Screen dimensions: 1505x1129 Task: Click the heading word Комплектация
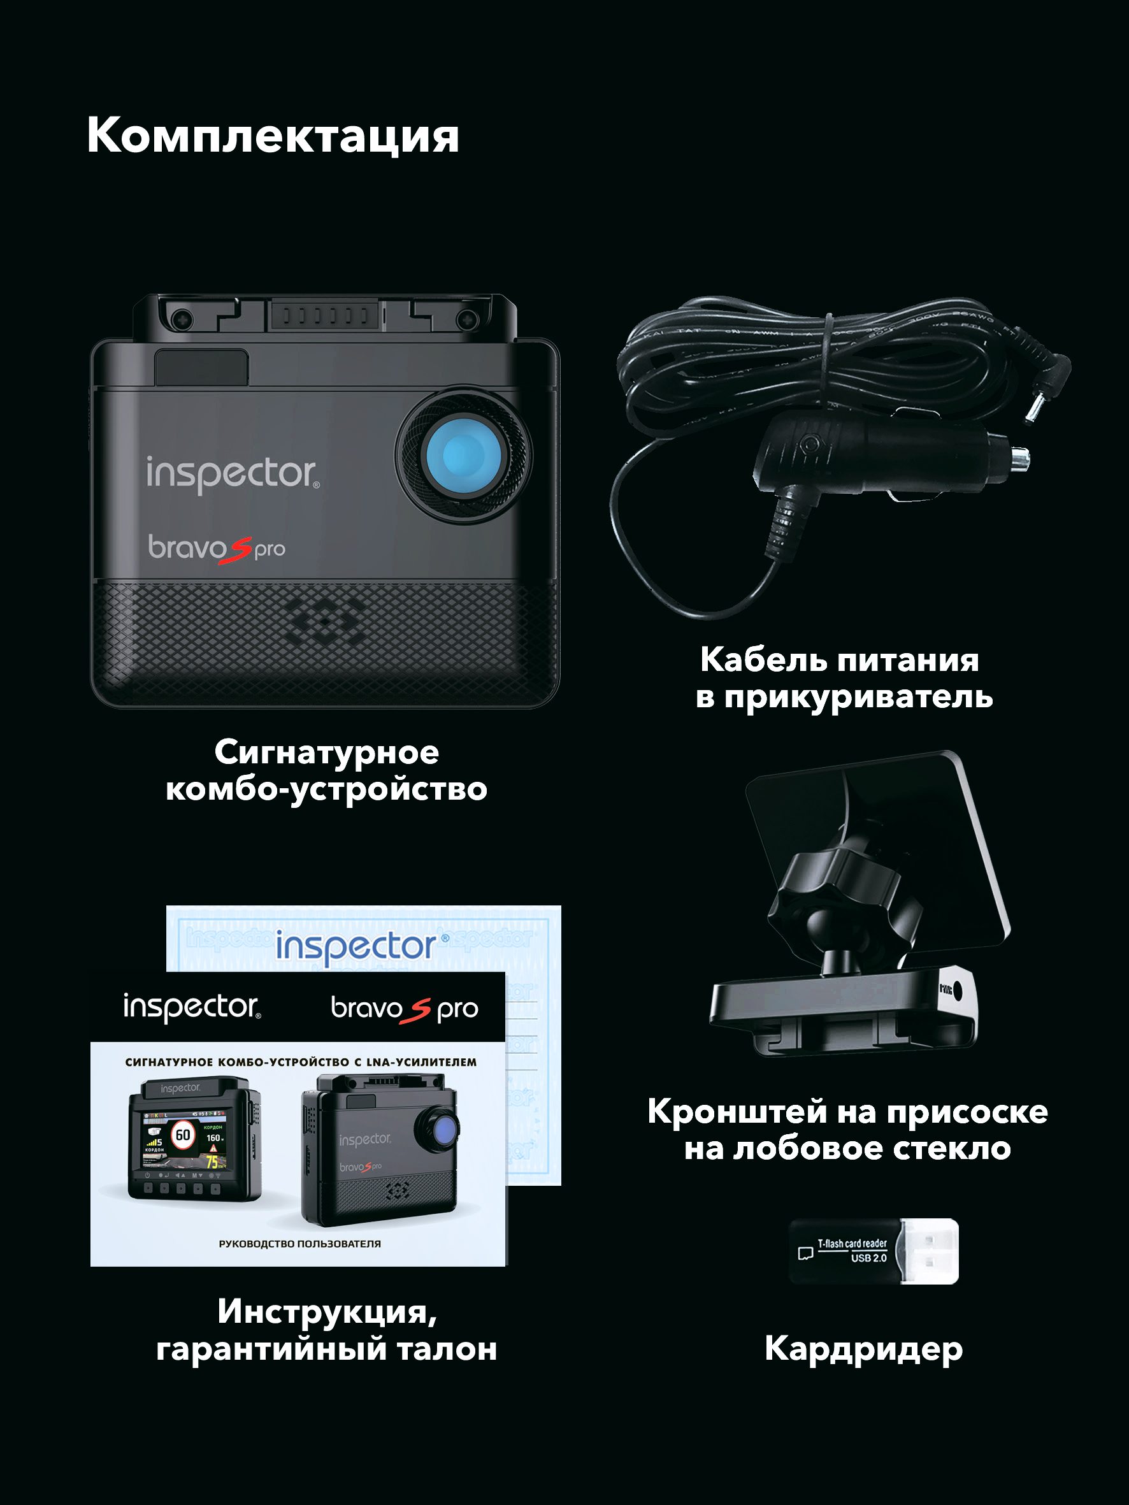click(272, 136)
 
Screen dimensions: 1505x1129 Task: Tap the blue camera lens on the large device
click(463, 455)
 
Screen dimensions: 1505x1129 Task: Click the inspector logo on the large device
click(232, 473)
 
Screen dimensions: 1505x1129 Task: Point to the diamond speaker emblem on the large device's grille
click(326, 621)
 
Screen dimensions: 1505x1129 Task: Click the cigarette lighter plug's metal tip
click(1020, 459)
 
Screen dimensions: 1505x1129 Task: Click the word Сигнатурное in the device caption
click(327, 753)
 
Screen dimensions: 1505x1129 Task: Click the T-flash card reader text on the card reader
click(852, 1244)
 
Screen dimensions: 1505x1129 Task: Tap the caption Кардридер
click(863, 1348)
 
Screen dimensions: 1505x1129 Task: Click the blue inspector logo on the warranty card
click(356, 946)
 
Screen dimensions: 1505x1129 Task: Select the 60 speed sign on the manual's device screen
click(183, 1135)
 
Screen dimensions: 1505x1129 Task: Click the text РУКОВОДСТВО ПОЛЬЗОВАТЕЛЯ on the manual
click(299, 1244)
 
